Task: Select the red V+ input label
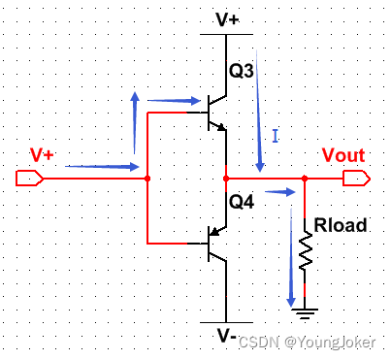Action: click(44, 155)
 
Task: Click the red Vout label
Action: click(342, 156)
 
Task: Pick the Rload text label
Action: click(341, 225)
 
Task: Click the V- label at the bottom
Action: click(225, 336)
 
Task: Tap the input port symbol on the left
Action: click(28, 179)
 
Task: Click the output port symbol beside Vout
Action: click(356, 179)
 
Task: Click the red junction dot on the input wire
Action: click(147, 179)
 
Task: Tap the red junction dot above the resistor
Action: click(305, 179)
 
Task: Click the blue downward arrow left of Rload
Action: click(289, 262)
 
